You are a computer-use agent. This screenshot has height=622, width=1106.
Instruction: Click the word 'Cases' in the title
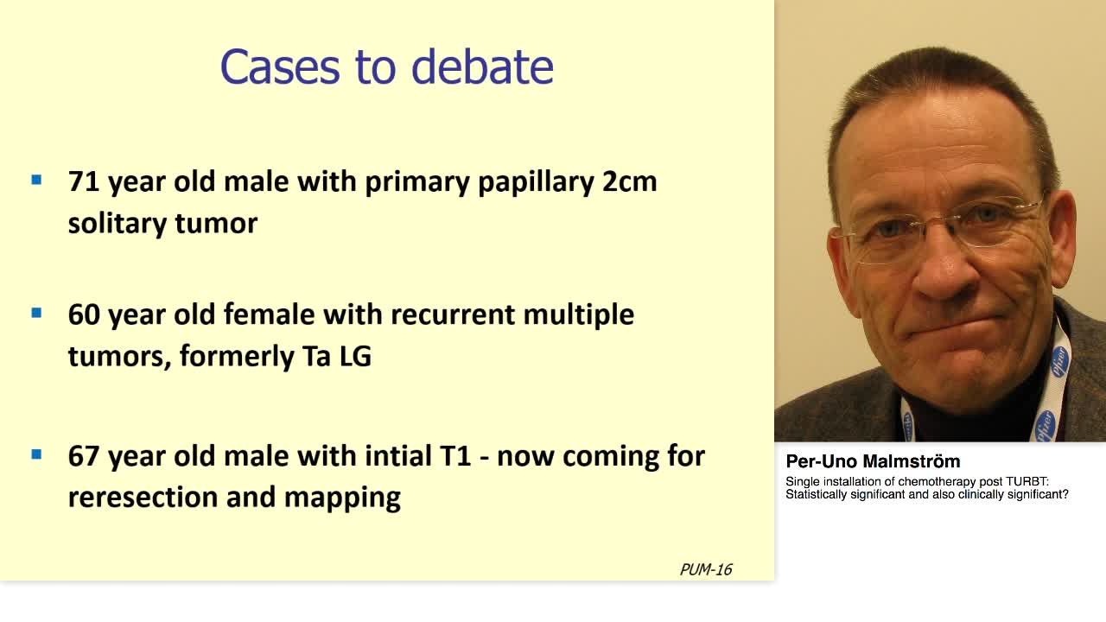(x=280, y=67)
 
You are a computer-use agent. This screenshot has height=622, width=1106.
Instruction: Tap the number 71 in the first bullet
(x=84, y=182)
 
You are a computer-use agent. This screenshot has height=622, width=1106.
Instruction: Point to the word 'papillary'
(x=533, y=184)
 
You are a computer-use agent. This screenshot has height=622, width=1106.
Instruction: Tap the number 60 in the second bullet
(x=85, y=314)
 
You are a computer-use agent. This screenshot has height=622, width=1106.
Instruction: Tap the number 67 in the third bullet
(x=85, y=456)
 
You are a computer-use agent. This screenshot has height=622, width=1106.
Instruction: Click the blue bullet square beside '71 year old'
(x=36, y=181)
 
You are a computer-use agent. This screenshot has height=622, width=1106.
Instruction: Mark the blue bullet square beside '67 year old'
(x=36, y=454)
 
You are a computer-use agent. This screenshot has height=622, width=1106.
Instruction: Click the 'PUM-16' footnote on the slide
(x=705, y=569)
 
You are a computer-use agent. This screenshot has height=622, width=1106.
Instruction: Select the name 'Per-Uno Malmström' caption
(x=873, y=461)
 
